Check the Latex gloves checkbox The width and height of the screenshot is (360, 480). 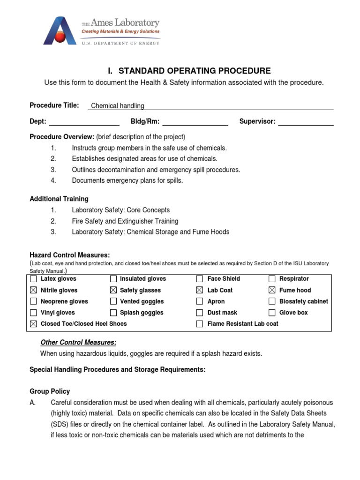33,279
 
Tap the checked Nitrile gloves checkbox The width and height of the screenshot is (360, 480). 33,290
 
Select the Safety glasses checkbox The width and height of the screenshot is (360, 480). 113,290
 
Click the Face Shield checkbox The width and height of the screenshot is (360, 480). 200,279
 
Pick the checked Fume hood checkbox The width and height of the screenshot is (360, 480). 272,290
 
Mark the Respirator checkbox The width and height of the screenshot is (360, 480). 272,279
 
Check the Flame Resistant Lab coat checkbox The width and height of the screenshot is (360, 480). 200,324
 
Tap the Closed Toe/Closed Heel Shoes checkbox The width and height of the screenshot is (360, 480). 33,324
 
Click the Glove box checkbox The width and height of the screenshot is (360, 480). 272,313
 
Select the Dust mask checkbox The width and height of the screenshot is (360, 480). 200,313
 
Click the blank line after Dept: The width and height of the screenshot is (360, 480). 84,122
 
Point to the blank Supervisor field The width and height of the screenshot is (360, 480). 306,122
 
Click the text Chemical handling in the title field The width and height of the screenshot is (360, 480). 118,106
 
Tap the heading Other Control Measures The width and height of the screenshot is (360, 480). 79,342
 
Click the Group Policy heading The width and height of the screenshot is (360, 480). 50,391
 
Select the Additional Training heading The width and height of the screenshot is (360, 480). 59,199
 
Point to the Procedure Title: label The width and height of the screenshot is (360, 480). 54,105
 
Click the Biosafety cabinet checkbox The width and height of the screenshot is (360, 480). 272,301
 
